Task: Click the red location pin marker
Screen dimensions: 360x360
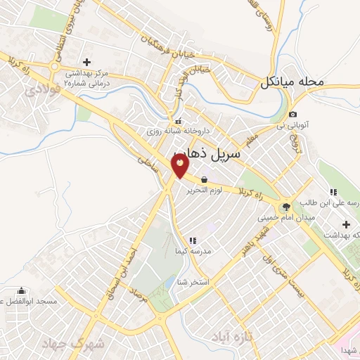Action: (180, 165)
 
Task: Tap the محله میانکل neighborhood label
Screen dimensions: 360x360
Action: (292, 82)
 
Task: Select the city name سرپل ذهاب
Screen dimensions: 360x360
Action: (207, 153)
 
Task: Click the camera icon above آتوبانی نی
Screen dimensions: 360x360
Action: (292, 115)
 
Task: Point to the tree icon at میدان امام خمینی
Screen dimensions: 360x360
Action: (285, 207)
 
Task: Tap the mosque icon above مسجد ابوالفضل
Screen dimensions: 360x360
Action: (22, 291)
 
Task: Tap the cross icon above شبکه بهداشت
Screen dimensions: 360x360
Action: (346, 224)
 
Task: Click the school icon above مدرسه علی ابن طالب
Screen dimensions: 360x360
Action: (333, 192)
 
